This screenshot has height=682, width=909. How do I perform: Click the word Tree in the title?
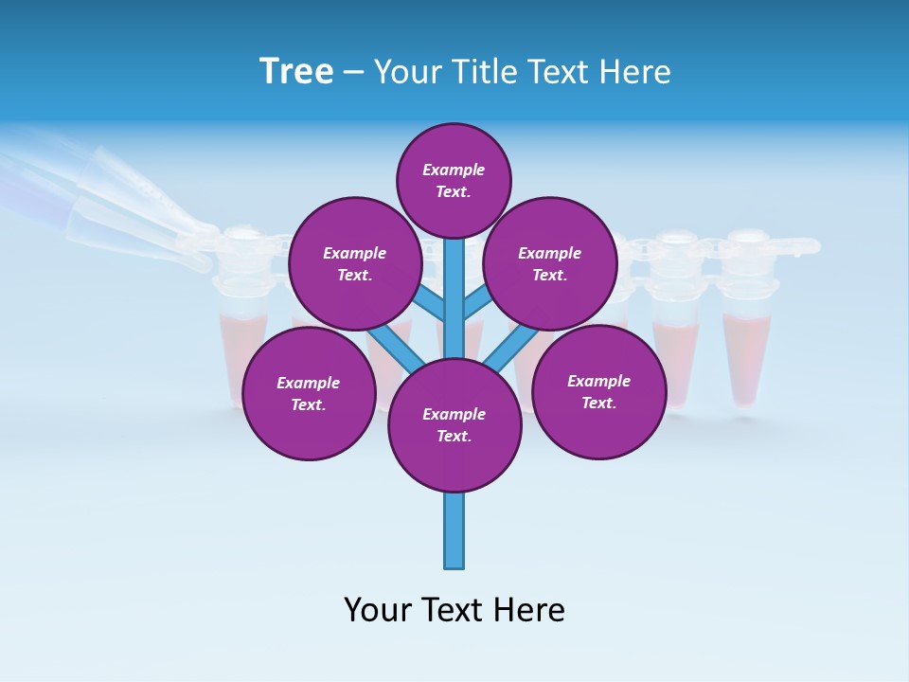pyautogui.click(x=295, y=72)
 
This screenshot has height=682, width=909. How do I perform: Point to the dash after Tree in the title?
pyautogui.click(x=353, y=73)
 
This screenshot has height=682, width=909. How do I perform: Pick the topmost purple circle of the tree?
pyautogui.click(x=454, y=180)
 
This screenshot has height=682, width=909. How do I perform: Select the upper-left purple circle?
pyautogui.click(x=354, y=263)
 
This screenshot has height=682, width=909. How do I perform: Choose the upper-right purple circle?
pyautogui.click(x=550, y=263)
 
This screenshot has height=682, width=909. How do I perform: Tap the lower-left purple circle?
pyautogui.click(x=309, y=393)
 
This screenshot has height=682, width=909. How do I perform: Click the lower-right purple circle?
pyautogui.click(x=598, y=391)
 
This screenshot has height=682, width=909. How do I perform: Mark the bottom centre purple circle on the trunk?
pyautogui.click(x=454, y=424)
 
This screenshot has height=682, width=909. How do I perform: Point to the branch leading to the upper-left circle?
pyautogui.click(x=431, y=305)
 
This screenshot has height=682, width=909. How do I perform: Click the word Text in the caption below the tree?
pyautogui.click(x=455, y=609)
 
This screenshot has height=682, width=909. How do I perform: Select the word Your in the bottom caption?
pyautogui.click(x=379, y=609)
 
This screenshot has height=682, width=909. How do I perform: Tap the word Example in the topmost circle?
pyautogui.click(x=454, y=170)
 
